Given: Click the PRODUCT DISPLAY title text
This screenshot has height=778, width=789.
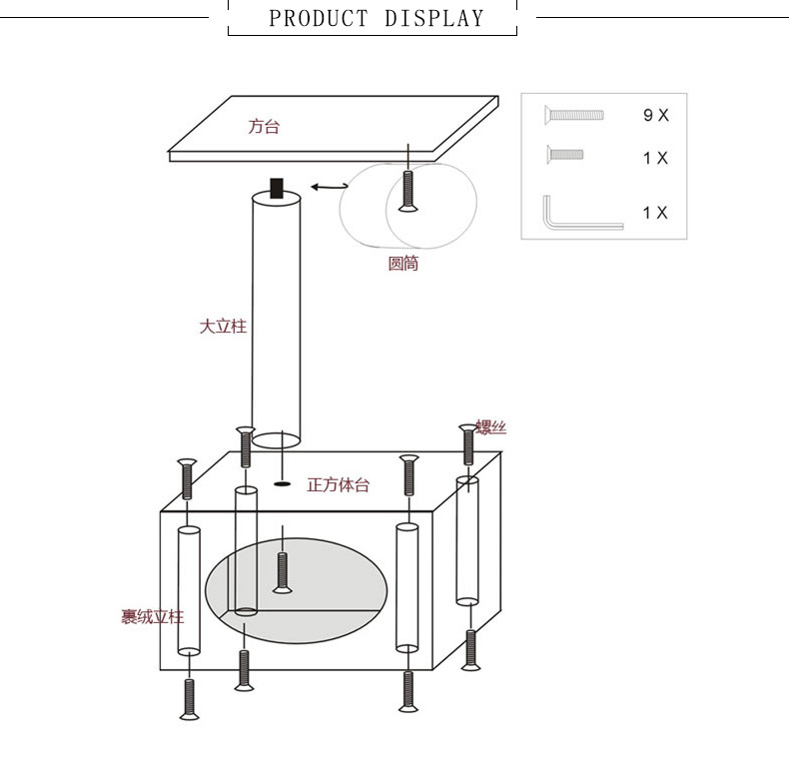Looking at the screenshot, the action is coord(376,19).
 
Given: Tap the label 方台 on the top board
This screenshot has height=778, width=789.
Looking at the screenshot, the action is coord(264,126).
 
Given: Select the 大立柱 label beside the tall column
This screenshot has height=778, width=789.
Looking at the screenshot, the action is coord(223,327).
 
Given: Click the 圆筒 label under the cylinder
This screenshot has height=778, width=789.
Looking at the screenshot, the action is coord(403,264).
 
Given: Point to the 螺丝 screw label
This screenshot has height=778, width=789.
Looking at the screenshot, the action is coord(491,427).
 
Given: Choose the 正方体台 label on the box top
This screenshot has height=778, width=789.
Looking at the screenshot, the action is coord(339,485).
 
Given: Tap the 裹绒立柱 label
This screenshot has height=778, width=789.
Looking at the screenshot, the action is coord(153,617).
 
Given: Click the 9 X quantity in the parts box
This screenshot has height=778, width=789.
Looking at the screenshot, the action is coord(655,115).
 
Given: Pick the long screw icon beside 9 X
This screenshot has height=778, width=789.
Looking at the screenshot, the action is coord(573,115).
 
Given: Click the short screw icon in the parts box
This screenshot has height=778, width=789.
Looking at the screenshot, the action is coord(564,155).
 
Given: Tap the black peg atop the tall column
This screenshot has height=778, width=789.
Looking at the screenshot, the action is coord(277,188).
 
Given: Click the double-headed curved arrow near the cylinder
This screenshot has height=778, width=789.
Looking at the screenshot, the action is coord(330,187).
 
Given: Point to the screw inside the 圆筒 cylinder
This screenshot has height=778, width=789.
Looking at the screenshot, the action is coord(408,191).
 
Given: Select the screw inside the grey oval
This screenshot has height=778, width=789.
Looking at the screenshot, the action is coord(283,573).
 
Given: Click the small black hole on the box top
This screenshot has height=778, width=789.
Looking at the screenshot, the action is coord(283,484).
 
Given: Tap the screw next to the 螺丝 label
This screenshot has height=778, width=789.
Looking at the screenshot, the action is coord(468,444).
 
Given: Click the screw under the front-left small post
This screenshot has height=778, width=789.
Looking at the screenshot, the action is coord(189,699).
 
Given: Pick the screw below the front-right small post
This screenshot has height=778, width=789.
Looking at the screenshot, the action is coord(408,692).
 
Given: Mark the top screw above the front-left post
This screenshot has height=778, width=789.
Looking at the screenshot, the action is coord(187,479).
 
